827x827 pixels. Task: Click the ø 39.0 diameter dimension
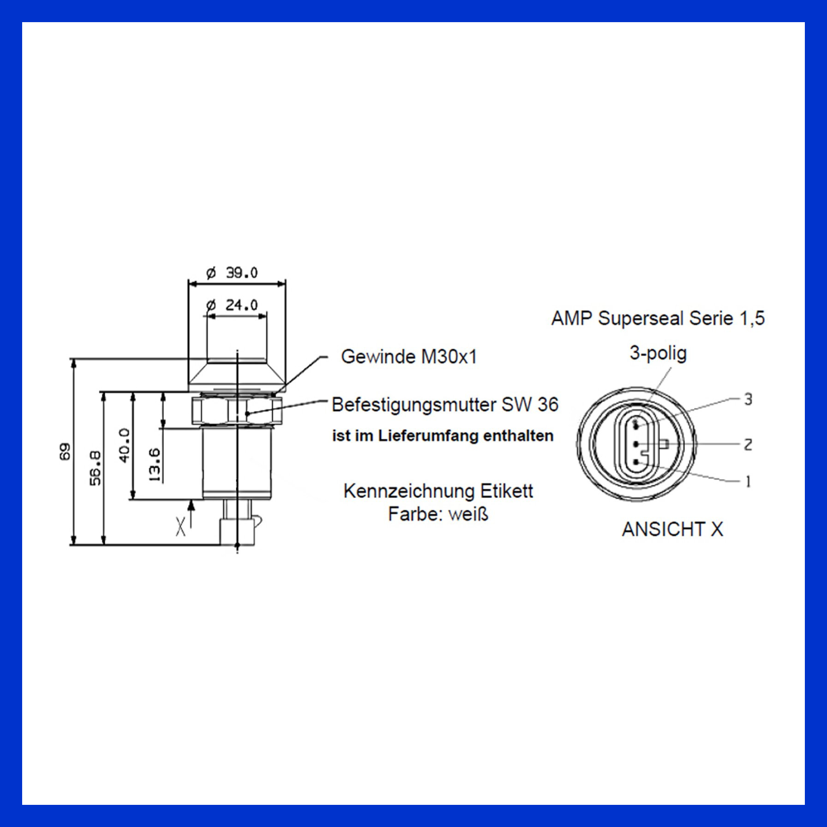(x=232, y=273)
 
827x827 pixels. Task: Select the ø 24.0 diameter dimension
(x=232, y=305)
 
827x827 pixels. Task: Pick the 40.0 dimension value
(x=125, y=445)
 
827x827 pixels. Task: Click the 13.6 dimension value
(x=155, y=466)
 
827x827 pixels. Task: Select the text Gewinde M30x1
(x=409, y=357)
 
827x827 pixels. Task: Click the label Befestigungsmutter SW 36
(x=445, y=405)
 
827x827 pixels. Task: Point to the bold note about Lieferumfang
(x=443, y=436)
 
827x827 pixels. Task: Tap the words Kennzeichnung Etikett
(x=438, y=491)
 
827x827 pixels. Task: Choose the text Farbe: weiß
(x=438, y=514)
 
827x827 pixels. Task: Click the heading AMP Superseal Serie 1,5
(x=658, y=318)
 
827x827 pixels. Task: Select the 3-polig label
(x=658, y=354)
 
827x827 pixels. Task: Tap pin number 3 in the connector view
(x=748, y=399)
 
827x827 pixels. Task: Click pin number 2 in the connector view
(x=748, y=444)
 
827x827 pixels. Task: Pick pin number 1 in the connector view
(x=748, y=481)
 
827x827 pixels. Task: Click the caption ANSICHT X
(x=672, y=529)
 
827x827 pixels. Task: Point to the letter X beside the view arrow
(x=181, y=526)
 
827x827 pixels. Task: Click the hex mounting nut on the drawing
(x=237, y=411)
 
